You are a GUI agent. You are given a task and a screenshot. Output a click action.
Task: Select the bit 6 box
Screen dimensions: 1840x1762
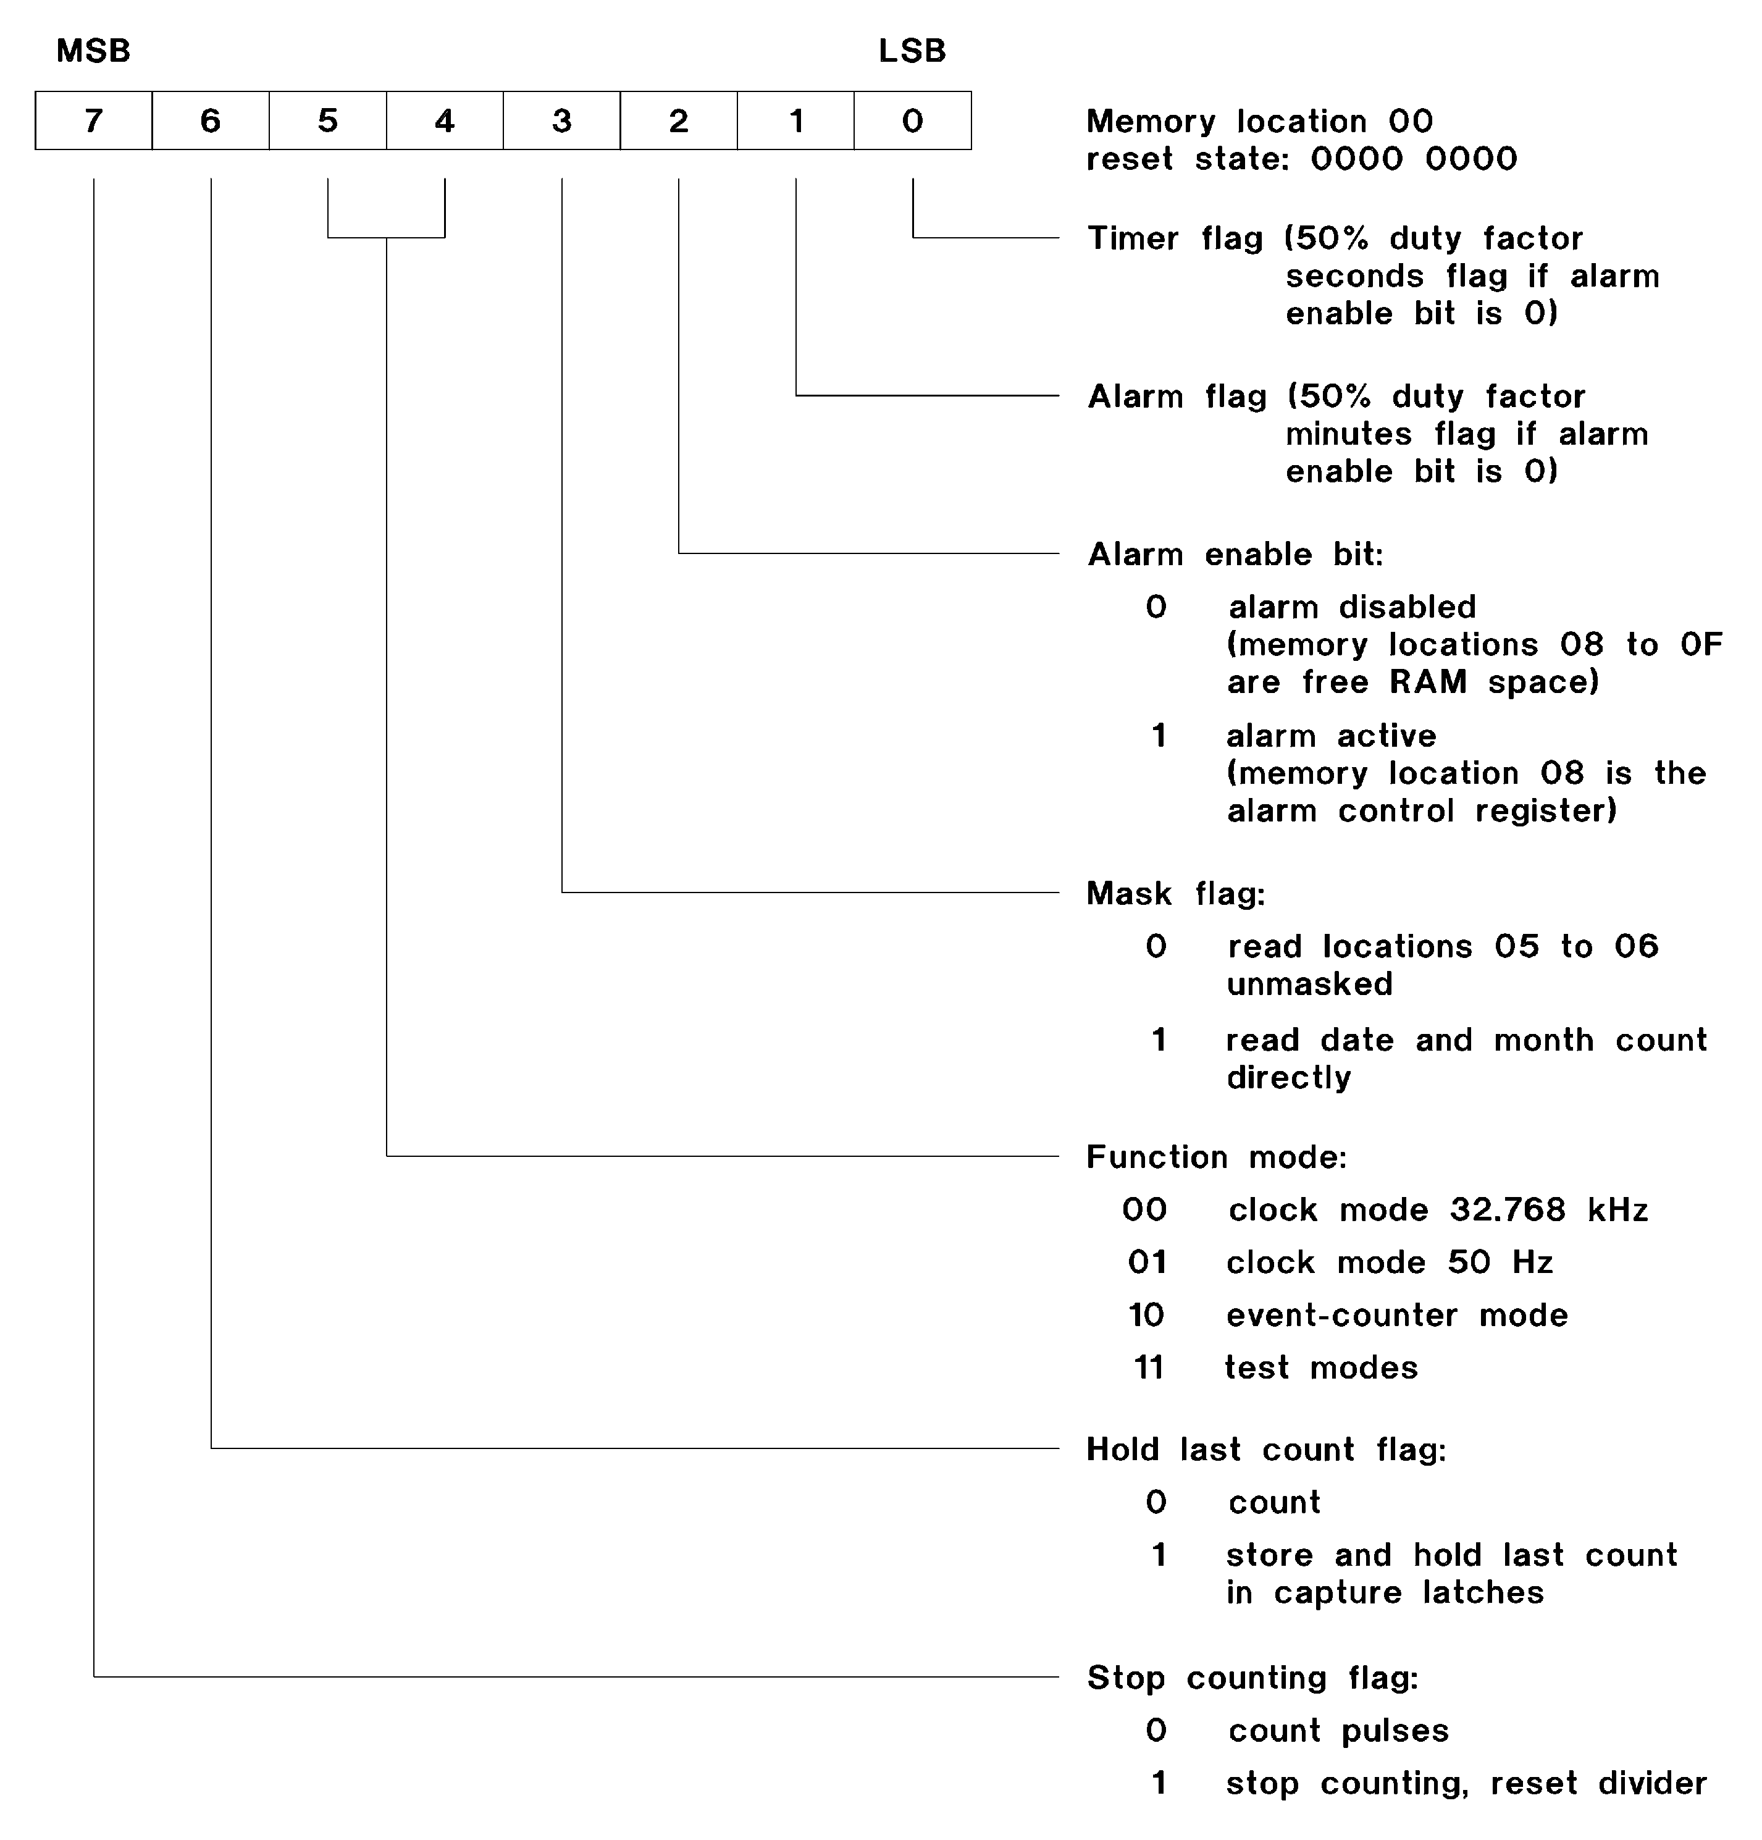210,120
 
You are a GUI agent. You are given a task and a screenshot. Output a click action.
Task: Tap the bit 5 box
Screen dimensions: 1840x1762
327,120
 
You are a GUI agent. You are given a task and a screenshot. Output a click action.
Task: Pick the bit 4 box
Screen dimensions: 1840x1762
445,120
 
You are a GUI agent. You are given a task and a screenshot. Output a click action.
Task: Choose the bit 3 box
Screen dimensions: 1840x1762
561,120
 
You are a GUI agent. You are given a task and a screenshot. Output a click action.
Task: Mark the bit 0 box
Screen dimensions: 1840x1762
912,120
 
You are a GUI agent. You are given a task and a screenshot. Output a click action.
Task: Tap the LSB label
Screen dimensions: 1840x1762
912,51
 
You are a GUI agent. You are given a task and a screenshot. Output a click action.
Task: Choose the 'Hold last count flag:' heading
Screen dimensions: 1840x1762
1266,1450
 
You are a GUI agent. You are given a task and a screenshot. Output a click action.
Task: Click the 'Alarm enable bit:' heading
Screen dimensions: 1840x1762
1235,555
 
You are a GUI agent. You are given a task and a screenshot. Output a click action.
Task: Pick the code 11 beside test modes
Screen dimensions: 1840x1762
1148,1367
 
